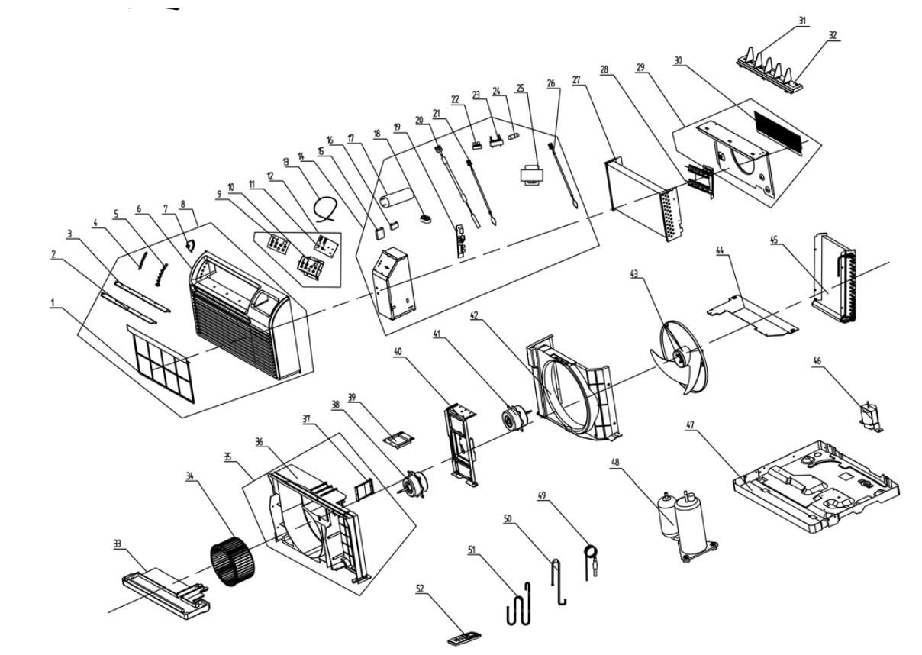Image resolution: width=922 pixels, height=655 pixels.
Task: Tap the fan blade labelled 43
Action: tap(680, 357)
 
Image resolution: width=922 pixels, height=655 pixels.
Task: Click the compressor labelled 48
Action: tap(688, 527)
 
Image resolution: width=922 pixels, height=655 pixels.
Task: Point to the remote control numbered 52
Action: tap(464, 640)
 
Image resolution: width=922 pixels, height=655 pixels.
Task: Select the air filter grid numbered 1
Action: tap(160, 363)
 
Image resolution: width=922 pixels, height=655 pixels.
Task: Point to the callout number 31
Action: tap(802, 21)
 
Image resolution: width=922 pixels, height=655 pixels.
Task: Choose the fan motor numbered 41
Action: tap(514, 418)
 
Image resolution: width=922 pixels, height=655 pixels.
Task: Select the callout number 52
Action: tap(420, 589)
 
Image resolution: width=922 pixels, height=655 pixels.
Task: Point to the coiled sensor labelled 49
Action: tap(591, 561)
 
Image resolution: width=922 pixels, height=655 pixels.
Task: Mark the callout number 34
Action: tap(189, 476)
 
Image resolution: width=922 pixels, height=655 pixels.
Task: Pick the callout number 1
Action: tap(52, 303)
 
